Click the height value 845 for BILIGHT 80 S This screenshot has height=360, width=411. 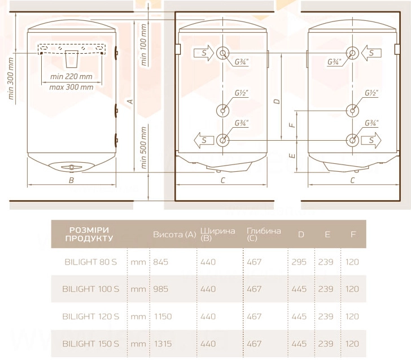pyautogui.click(x=161, y=262)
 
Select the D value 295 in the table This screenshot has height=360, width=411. pyautogui.click(x=299, y=262)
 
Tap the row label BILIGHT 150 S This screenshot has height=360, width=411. pyautogui.click(x=91, y=344)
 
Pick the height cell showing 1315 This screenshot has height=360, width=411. pyautogui.click(x=163, y=344)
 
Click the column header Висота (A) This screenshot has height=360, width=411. pyautogui.click(x=174, y=235)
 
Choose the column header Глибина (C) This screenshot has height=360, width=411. pyautogui.click(x=264, y=235)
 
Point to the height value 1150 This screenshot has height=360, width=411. pyautogui.click(x=163, y=316)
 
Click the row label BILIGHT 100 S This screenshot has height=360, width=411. pyautogui.click(x=91, y=289)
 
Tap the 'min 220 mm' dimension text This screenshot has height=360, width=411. pyautogui.click(x=71, y=77)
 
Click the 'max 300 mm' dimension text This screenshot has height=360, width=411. pyautogui.click(x=71, y=87)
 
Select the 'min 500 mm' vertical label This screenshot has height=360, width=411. pyautogui.click(x=143, y=148)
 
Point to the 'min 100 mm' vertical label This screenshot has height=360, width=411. pyautogui.click(x=143, y=45)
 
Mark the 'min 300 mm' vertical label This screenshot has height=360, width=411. pyautogui.click(x=11, y=79)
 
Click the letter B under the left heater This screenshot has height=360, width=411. pyautogui.click(x=71, y=180)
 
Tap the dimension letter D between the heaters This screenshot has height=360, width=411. pyautogui.click(x=277, y=101)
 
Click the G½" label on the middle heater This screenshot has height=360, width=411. pyautogui.click(x=241, y=93)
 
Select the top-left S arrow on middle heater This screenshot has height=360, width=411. pyautogui.click(x=204, y=53)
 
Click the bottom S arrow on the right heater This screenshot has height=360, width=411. pyautogui.click(x=371, y=140)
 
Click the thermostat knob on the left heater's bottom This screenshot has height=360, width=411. pyautogui.click(x=72, y=167)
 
